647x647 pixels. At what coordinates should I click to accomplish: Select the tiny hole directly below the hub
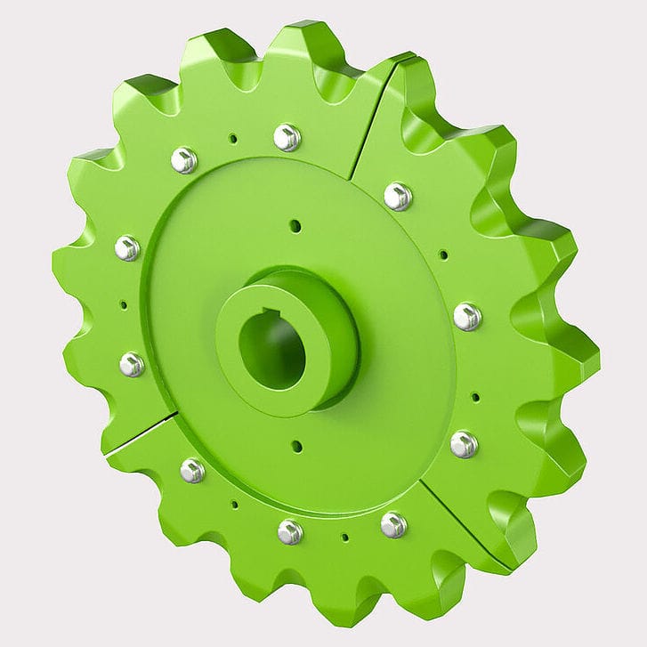[296, 446]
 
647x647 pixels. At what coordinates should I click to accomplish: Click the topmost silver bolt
[287, 137]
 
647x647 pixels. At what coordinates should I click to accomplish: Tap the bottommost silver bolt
[289, 531]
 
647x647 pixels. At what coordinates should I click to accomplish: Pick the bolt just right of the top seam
[397, 196]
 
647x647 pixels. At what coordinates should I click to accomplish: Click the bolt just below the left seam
[192, 470]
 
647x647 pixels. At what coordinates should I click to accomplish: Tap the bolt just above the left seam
[132, 363]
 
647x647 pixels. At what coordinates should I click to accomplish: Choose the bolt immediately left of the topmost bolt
[184, 160]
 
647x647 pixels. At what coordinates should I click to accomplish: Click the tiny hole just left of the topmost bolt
[232, 138]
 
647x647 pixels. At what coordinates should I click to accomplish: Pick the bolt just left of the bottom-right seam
[393, 524]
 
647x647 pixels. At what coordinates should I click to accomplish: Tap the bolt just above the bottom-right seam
[464, 444]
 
